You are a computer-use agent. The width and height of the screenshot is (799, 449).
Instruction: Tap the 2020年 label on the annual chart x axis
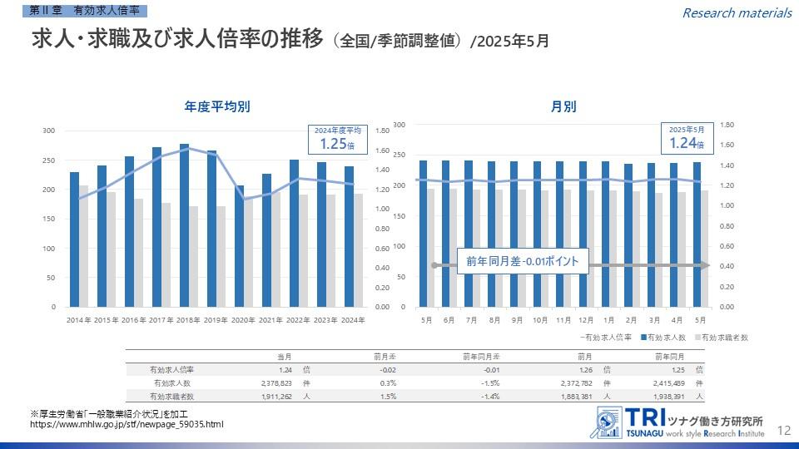(243, 320)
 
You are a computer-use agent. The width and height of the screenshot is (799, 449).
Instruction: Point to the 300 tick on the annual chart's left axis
(50, 131)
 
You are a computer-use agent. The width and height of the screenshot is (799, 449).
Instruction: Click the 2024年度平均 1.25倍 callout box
(338, 139)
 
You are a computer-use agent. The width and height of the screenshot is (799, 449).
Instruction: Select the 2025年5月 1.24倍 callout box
(687, 139)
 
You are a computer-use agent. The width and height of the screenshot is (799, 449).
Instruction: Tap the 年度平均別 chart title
(217, 106)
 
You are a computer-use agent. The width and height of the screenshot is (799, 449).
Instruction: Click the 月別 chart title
(563, 106)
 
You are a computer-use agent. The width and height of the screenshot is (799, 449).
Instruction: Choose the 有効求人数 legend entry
(663, 338)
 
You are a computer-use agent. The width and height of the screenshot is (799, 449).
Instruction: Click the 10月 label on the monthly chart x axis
(541, 320)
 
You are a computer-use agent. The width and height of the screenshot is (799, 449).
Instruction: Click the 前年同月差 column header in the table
(481, 356)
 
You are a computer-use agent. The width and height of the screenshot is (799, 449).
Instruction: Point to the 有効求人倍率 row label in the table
(171, 369)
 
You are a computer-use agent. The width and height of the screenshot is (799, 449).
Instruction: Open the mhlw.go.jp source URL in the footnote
(127, 425)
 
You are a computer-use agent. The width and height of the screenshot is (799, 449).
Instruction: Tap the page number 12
(783, 430)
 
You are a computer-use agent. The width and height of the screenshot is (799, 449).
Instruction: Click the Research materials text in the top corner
(737, 12)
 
